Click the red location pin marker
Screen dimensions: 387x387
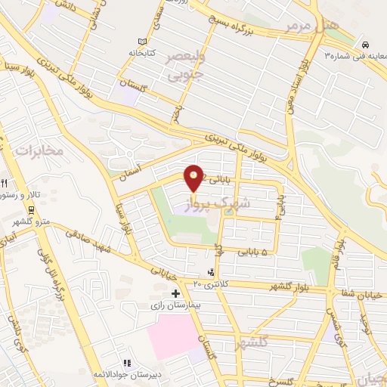point(194,177)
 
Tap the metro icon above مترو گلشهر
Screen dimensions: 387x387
point(31,209)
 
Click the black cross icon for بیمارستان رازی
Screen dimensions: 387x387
point(176,293)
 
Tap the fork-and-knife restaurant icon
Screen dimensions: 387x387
point(5,183)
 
